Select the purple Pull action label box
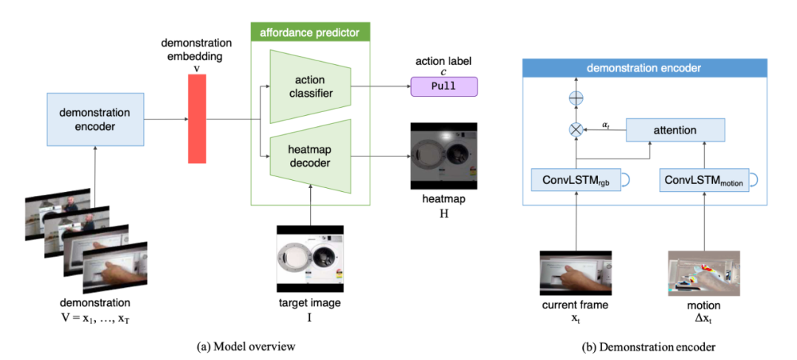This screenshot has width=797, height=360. [444, 86]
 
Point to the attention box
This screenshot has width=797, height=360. [674, 130]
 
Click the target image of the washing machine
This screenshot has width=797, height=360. [309, 258]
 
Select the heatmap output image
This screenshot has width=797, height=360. [443, 156]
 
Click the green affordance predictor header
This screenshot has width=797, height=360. [309, 32]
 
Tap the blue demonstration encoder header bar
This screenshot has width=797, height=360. [644, 68]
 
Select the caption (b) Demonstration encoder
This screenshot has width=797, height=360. [644, 345]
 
